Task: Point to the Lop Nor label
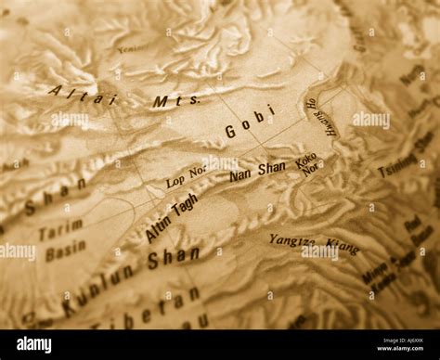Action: pyautogui.click(x=187, y=175)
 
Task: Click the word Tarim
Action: pyautogui.click(x=60, y=228)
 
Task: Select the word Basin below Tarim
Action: pyautogui.click(x=65, y=250)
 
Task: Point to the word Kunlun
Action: pyautogui.click(x=97, y=289)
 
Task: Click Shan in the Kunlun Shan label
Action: pyautogui.click(x=173, y=258)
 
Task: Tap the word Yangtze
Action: pyautogui.click(x=292, y=241)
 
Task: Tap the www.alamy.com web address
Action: pyautogui.click(x=394, y=352)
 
